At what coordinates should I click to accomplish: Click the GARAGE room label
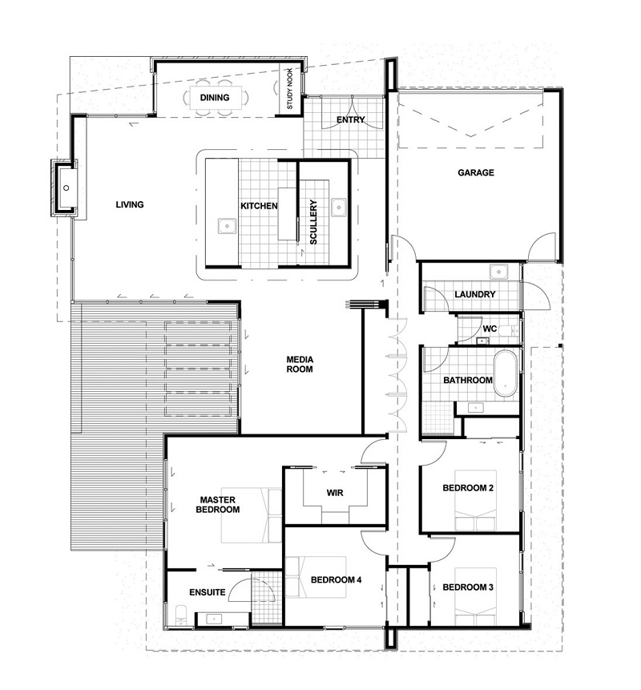click(476, 172)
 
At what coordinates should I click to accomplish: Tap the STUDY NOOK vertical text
click(290, 88)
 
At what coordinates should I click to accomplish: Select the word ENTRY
click(351, 119)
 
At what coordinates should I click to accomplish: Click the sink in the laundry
click(498, 272)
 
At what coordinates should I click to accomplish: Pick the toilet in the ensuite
click(181, 615)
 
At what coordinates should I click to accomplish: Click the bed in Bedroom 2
click(475, 500)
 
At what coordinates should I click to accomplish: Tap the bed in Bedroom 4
click(316, 577)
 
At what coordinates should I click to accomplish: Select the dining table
click(215, 98)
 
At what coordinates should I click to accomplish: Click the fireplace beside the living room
click(65, 188)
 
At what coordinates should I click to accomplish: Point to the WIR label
click(335, 493)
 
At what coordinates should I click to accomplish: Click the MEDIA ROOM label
click(300, 365)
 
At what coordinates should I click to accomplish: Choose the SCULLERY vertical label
click(313, 222)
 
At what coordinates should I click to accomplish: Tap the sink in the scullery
click(338, 208)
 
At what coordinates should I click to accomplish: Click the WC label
click(490, 329)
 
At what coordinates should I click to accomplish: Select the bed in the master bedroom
click(251, 514)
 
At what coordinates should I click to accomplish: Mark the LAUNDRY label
click(475, 294)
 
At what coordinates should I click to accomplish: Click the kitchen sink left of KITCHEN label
click(227, 226)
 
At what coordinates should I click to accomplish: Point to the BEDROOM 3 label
click(468, 587)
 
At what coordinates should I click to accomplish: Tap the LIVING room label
click(130, 204)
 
